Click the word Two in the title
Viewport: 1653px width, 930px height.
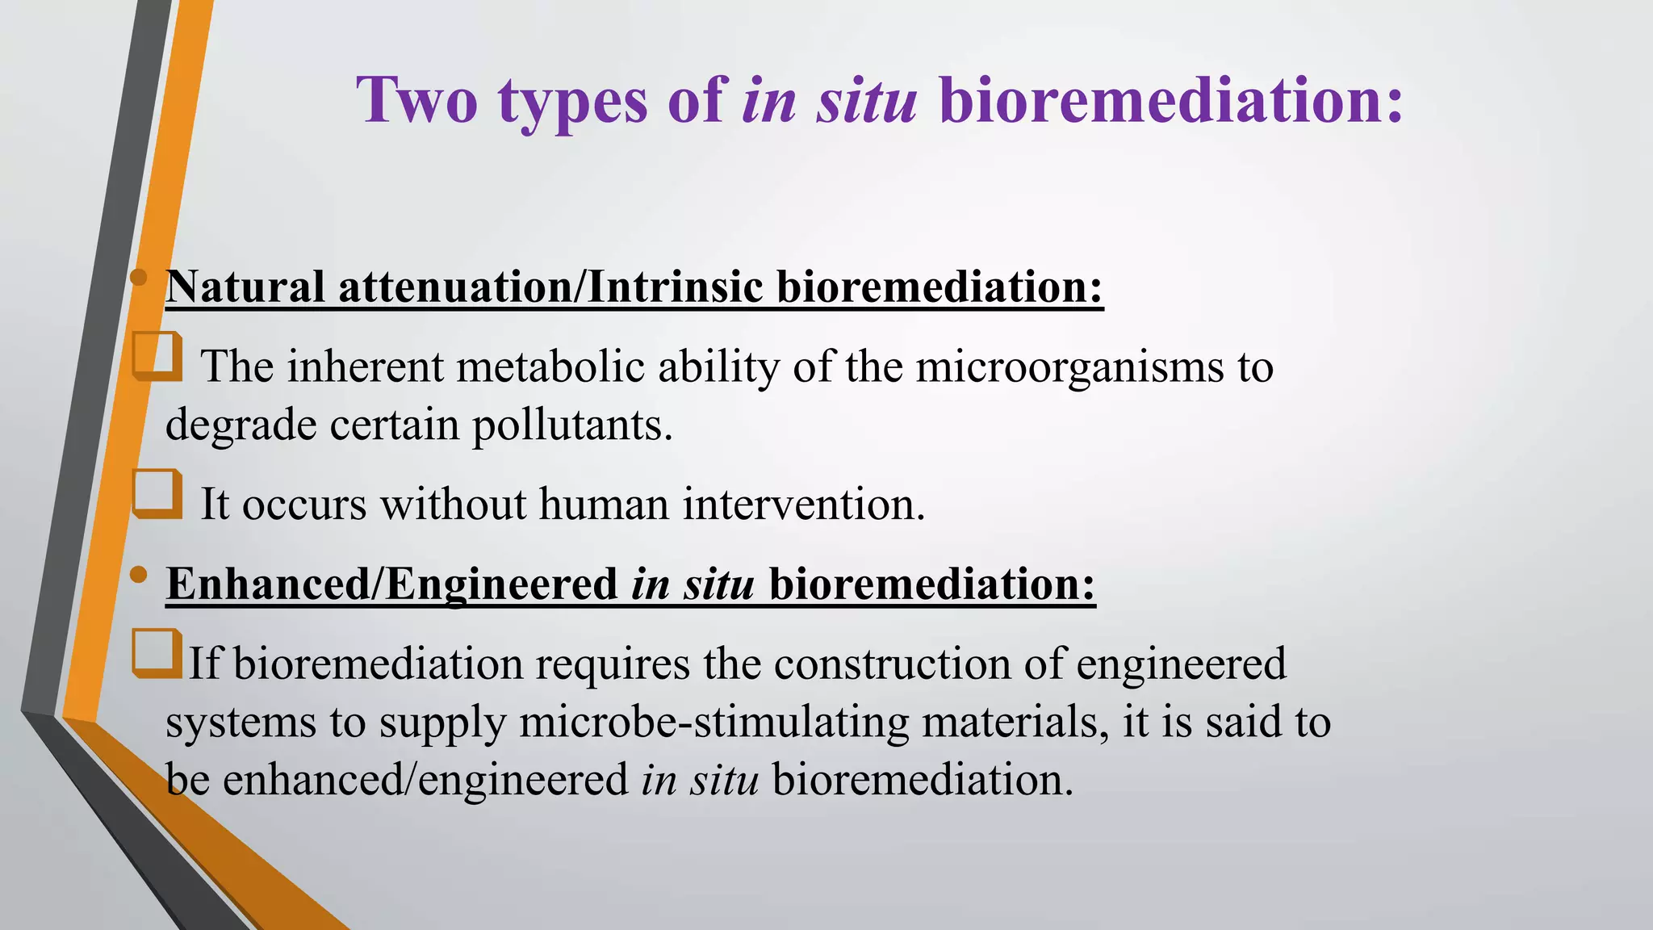[417, 100]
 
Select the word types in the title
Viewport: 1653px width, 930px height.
[572, 102]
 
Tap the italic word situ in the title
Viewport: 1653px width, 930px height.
[866, 100]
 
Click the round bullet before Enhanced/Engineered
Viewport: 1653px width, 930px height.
[139, 575]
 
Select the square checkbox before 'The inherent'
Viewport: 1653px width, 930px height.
[157, 355]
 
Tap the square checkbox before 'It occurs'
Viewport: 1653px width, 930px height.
[157, 492]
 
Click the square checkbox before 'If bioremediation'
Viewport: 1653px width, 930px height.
[157, 652]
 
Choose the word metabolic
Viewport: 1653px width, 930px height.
[550, 367]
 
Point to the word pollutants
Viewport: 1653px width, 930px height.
[571, 425]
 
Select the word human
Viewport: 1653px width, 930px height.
[604, 505]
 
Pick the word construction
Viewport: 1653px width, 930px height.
[892, 664]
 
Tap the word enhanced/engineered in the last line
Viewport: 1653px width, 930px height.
[425, 780]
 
